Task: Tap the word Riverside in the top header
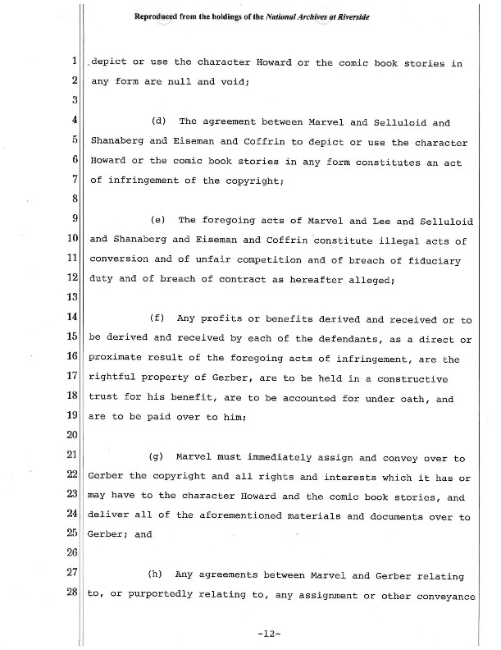point(348,16)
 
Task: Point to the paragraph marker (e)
point(159,220)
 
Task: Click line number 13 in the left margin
point(71,298)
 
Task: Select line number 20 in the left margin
point(71,434)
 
